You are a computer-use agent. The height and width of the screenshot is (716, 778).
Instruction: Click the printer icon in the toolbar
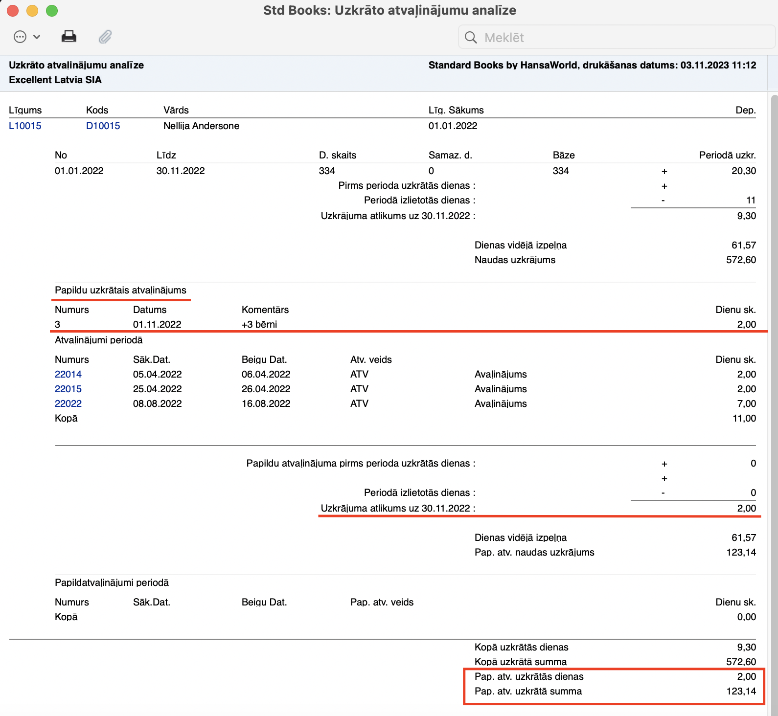[69, 37]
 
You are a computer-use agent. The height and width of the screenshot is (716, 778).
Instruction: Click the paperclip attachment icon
[105, 37]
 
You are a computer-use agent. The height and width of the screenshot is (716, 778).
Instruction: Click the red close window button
[13, 11]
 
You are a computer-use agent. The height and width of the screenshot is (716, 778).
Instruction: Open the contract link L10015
[25, 126]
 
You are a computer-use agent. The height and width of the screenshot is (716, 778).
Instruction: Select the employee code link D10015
[103, 126]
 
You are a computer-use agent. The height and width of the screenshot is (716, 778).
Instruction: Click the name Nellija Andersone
[201, 126]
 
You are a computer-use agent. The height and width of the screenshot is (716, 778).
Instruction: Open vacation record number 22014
[68, 374]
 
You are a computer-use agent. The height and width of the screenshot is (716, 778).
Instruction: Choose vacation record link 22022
[68, 403]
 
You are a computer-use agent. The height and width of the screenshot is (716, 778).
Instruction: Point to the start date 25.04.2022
[157, 389]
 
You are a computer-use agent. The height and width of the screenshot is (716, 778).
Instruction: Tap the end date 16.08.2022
[266, 403]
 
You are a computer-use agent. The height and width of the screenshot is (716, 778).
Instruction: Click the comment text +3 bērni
[259, 324]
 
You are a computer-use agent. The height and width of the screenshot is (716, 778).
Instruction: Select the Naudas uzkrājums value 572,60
[741, 260]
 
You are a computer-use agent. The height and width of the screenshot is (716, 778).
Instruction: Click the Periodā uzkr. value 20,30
[743, 171]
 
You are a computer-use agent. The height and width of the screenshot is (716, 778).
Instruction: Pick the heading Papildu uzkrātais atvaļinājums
[120, 290]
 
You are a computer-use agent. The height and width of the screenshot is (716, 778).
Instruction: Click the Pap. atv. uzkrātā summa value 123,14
[741, 691]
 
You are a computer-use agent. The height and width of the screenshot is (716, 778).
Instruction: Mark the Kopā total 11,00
[744, 418]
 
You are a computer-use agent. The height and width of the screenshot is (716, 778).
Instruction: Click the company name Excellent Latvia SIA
[55, 80]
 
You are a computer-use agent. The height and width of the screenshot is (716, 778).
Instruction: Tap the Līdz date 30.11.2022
[181, 171]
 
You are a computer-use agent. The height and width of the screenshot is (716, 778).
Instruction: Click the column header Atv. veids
[371, 359]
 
